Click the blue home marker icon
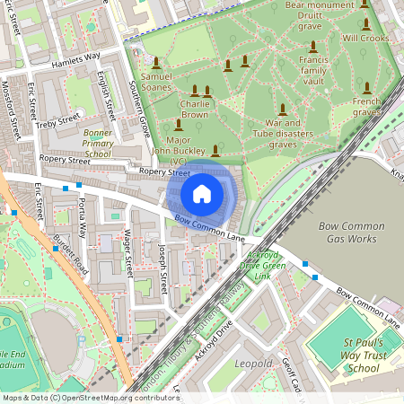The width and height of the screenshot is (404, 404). click(202, 194)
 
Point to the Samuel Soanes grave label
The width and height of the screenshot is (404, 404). click(156, 83)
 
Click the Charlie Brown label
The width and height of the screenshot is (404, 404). click(194, 109)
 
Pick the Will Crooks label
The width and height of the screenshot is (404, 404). click(364, 39)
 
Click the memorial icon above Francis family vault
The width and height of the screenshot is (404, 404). click(312, 47)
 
